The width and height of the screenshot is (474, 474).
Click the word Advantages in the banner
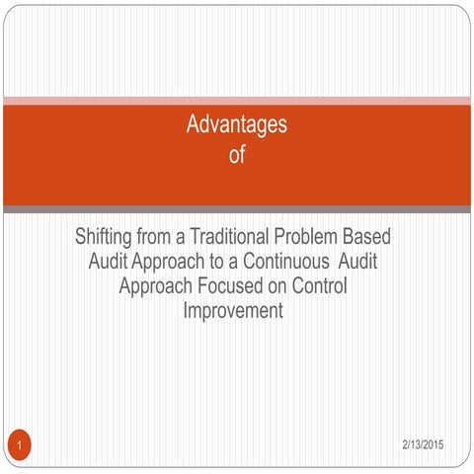pyautogui.click(x=237, y=125)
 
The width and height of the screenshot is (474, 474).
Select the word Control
pyautogui.click(x=322, y=286)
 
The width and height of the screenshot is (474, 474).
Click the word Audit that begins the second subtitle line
pyautogui.click(x=108, y=263)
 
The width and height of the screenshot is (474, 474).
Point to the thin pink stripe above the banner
pyautogui.click(x=237, y=100)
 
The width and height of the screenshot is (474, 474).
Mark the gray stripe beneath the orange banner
pyautogui.click(x=237, y=209)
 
